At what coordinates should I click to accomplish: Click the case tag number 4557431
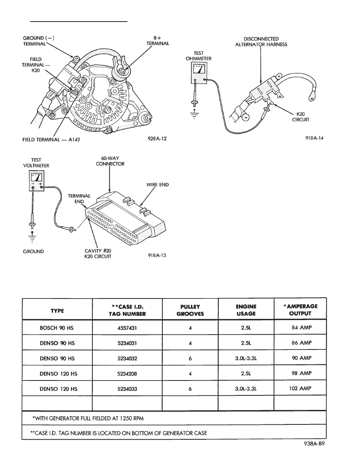127,328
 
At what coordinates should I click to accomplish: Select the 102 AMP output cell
300,388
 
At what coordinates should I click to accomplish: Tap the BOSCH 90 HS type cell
56,328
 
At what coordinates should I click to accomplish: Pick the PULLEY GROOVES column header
190,310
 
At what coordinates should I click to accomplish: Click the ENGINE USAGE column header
246,309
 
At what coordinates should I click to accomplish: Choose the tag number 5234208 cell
127,373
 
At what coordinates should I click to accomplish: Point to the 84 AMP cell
302,328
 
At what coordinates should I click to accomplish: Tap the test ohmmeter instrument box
198,73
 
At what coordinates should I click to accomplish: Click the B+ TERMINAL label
158,41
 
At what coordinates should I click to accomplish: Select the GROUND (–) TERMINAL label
38,41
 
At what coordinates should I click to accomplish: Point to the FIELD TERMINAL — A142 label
51,139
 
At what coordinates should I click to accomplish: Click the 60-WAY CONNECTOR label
110,161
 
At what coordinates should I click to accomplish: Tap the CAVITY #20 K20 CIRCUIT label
98,253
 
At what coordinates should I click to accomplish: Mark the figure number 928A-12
157,138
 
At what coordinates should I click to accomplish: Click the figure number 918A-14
314,138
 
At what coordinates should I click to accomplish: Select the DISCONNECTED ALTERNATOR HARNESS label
261,42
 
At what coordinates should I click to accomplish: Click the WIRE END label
157,185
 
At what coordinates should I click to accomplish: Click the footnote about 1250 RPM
88,419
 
